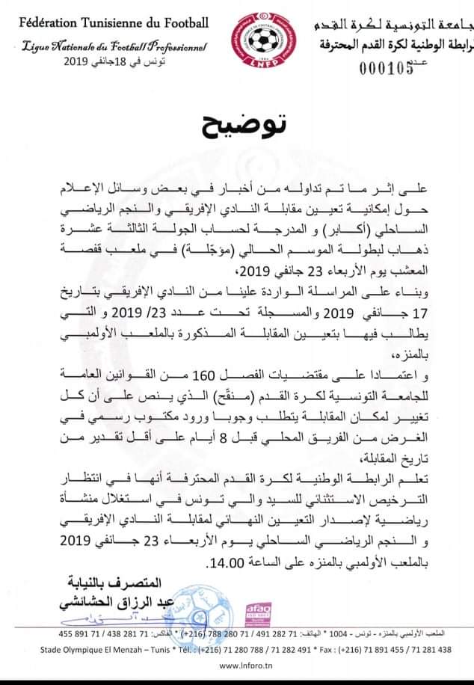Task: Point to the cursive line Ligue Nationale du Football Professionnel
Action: [x=110, y=48]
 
